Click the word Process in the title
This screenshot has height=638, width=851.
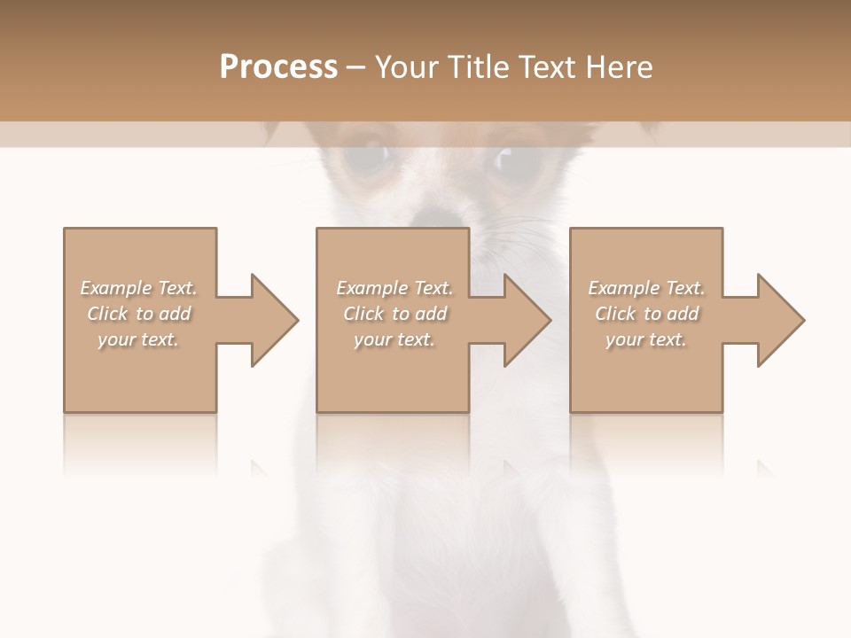click(x=278, y=67)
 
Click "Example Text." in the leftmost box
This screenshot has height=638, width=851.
click(x=138, y=288)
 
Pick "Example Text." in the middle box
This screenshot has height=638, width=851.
click(x=394, y=288)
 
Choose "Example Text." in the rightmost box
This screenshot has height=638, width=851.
click(x=646, y=288)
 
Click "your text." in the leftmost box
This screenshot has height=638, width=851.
click(x=138, y=339)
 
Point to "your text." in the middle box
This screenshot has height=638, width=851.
click(x=394, y=339)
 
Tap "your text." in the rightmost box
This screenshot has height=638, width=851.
click(x=646, y=339)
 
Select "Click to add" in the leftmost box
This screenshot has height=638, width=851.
click(x=138, y=314)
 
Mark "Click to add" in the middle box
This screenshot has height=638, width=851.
click(x=394, y=314)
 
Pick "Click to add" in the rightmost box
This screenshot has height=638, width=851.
click(x=646, y=314)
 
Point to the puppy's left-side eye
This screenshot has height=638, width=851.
click(x=370, y=156)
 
